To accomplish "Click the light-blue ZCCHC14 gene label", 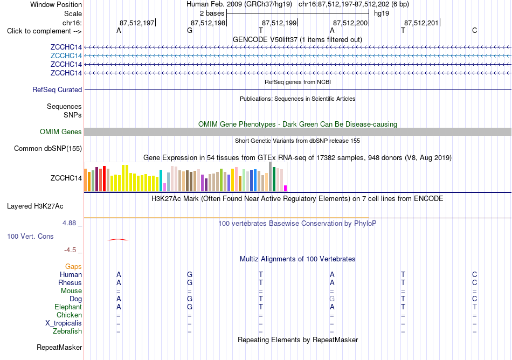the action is (x=66, y=56).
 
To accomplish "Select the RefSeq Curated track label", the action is (x=57, y=90).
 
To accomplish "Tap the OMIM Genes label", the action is (x=61, y=131).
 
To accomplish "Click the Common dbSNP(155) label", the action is (x=48, y=149).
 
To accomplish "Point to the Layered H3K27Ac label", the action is (x=35, y=206).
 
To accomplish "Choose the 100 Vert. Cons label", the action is (x=30, y=236).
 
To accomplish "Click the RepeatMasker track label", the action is (x=59, y=347).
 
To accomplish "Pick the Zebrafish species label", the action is (x=67, y=331).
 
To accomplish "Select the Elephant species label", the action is (x=68, y=307).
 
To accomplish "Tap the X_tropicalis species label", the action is (x=64, y=323).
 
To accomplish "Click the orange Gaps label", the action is (x=73, y=267).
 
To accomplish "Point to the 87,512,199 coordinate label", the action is (x=279, y=23).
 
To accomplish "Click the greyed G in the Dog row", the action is (x=332, y=299).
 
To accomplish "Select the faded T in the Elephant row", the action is (x=474, y=307).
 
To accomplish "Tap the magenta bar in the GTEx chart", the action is (x=286, y=188).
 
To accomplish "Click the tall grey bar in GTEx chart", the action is (x=271, y=177).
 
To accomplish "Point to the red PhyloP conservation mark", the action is (x=118, y=240).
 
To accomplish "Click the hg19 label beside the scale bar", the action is (x=382, y=13).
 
